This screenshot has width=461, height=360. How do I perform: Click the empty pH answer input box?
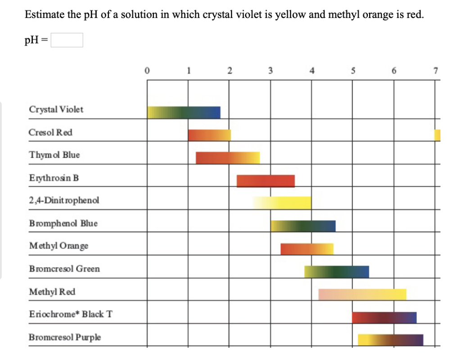click(x=67, y=41)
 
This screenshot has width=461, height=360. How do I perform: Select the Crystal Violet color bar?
click(x=184, y=113)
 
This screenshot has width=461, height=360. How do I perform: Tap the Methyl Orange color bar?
click(x=307, y=249)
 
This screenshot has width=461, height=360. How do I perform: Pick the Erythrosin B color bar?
click(x=266, y=181)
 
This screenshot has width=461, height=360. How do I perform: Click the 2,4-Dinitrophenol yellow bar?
click(x=282, y=203)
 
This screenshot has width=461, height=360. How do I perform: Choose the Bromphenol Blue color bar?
click(x=303, y=226)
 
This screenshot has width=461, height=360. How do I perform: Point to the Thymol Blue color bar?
click(x=227, y=158)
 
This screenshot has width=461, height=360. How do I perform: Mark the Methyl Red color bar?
click(x=362, y=294)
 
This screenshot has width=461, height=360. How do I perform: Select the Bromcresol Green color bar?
click(x=336, y=272)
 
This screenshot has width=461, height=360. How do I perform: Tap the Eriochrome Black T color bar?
click(x=384, y=317)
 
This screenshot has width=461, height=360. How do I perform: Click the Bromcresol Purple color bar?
click(x=390, y=340)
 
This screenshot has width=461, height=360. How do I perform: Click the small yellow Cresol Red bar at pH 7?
click(x=437, y=135)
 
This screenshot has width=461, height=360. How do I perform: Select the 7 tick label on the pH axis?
click(x=435, y=70)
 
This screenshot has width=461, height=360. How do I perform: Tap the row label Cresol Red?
click(x=50, y=132)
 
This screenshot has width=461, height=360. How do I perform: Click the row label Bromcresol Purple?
click(x=65, y=337)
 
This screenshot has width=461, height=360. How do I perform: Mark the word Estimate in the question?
click(x=44, y=14)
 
